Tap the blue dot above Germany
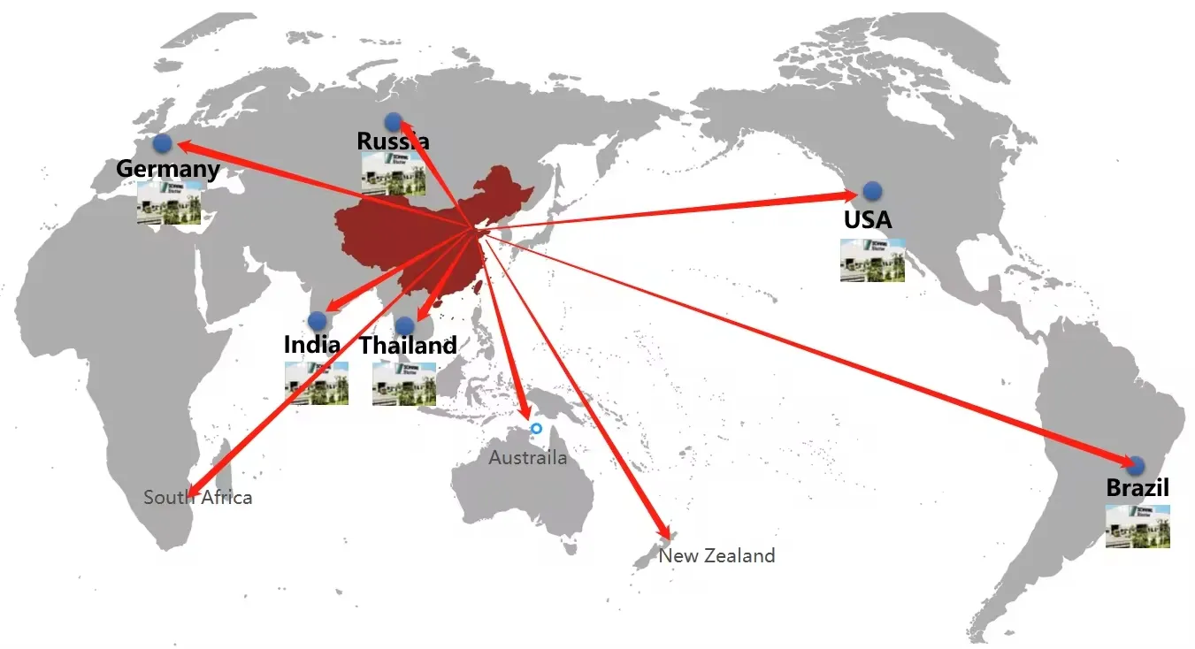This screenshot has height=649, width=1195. click(162, 142)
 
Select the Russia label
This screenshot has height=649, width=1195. click(394, 141)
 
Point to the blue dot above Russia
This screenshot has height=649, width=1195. click(394, 121)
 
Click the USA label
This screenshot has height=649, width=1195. click(868, 219)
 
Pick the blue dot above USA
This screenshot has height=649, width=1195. click(872, 190)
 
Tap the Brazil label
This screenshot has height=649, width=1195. click(1138, 487)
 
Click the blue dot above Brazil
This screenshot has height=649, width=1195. click(1136, 465)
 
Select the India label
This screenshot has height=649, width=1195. click(311, 345)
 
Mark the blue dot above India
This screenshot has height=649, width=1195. click(317, 320)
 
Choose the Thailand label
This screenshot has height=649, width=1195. click(408, 346)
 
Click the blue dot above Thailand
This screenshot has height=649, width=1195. click(404, 325)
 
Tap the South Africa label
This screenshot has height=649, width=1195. click(198, 497)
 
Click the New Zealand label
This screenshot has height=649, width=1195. click(716, 555)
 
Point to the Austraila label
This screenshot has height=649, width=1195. click(528, 458)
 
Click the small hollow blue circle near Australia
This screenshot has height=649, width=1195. click(536, 429)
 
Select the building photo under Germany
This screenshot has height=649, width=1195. click(169, 202)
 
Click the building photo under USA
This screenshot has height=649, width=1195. click(872, 260)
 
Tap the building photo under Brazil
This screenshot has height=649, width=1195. click(1138, 526)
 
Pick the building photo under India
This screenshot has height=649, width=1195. click(316, 383)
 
